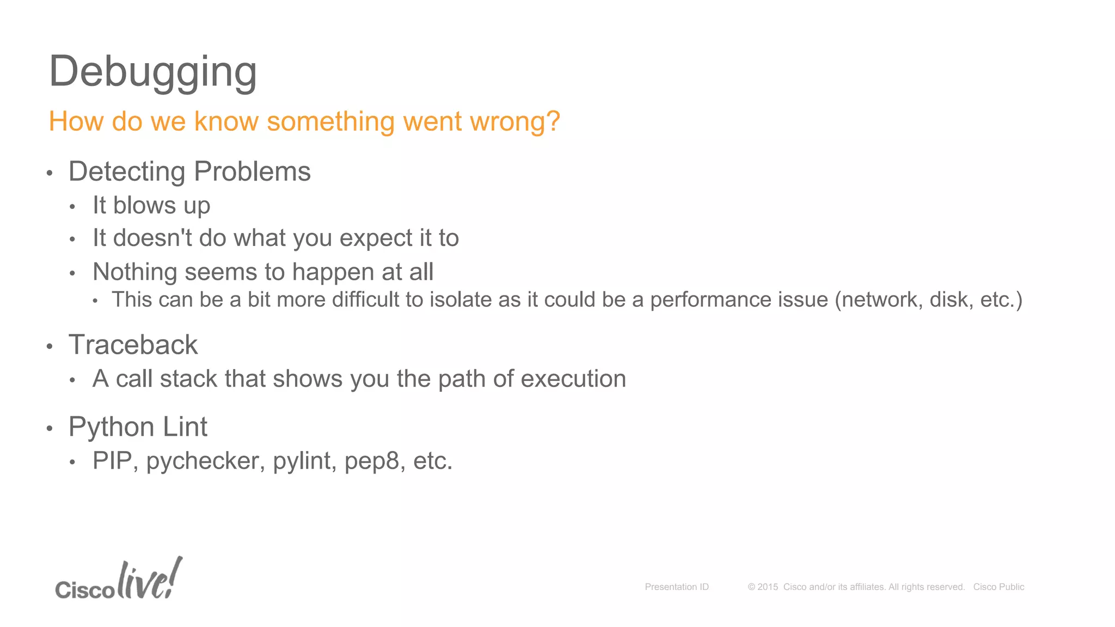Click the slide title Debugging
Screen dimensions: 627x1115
pyautogui.click(x=152, y=72)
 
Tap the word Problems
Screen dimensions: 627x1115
pyautogui.click(x=252, y=172)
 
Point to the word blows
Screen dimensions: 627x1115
pyautogui.click(x=144, y=206)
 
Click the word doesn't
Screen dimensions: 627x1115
pyautogui.click(x=152, y=238)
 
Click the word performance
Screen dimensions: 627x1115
pyautogui.click(x=739, y=300)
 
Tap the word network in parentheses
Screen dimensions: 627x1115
pyautogui.click(x=880, y=300)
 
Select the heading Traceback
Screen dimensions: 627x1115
pyautogui.click(x=133, y=345)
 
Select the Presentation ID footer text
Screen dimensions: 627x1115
pyautogui.click(x=677, y=587)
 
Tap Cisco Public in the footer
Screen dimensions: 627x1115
pyautogui.click(x=998, y=587)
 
